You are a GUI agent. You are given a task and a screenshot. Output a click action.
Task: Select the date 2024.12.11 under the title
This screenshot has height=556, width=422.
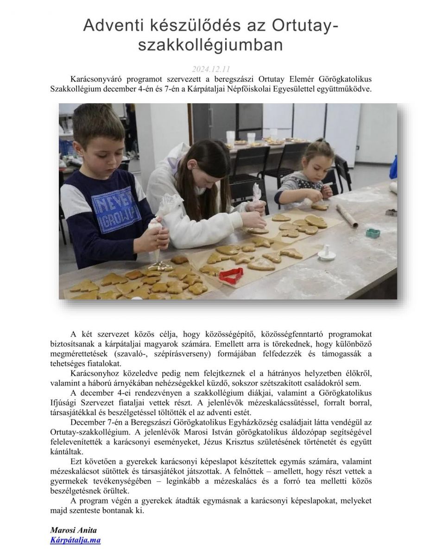[x=211, y=69]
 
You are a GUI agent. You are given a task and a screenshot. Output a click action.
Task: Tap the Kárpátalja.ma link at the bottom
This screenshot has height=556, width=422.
[x=75, y=540]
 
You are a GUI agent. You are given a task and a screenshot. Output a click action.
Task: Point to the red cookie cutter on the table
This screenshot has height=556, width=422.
[x=231, y=275]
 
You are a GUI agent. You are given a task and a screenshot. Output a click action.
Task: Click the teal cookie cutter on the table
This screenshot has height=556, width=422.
[x=373, y=232]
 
